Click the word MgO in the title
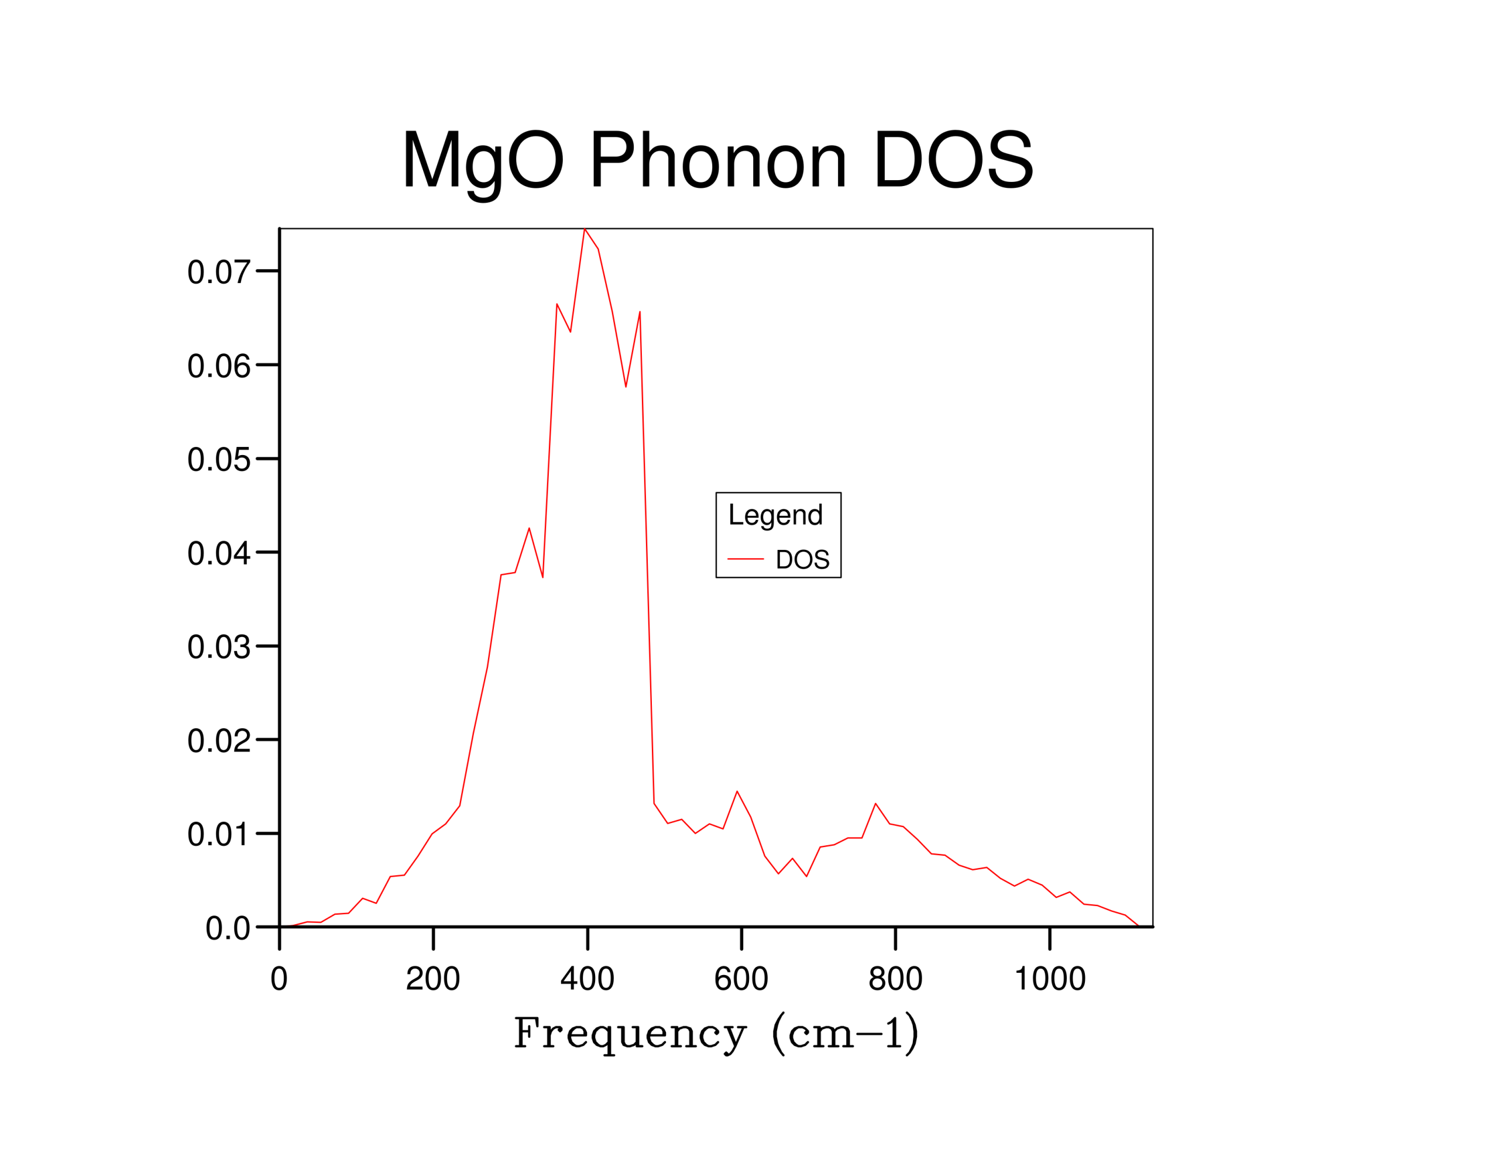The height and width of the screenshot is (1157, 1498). (482, 162)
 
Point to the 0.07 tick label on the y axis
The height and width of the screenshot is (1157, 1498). (218, 272)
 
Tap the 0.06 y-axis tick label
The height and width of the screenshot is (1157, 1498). (218, 366)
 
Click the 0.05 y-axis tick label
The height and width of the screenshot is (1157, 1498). (218, 460)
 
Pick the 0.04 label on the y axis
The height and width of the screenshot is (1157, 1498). (218, 553)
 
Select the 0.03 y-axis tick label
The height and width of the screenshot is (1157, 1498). (218, 648)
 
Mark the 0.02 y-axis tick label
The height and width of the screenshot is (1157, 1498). (218, 741)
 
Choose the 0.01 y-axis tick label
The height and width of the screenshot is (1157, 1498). (218, 835)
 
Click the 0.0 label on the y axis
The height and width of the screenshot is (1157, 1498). (227, 929)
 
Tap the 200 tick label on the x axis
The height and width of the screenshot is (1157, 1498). (433, 979)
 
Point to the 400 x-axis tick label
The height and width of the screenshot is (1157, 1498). (587, 979)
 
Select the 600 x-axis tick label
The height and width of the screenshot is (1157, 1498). (741, 979)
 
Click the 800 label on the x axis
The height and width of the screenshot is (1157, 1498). (895, 979)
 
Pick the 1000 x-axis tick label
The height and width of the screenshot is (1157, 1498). (1049, 979)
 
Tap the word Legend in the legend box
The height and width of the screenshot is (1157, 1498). (775, 515)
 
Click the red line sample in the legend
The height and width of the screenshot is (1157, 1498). (745, 559)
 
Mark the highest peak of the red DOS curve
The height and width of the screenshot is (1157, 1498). (585, 229)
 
